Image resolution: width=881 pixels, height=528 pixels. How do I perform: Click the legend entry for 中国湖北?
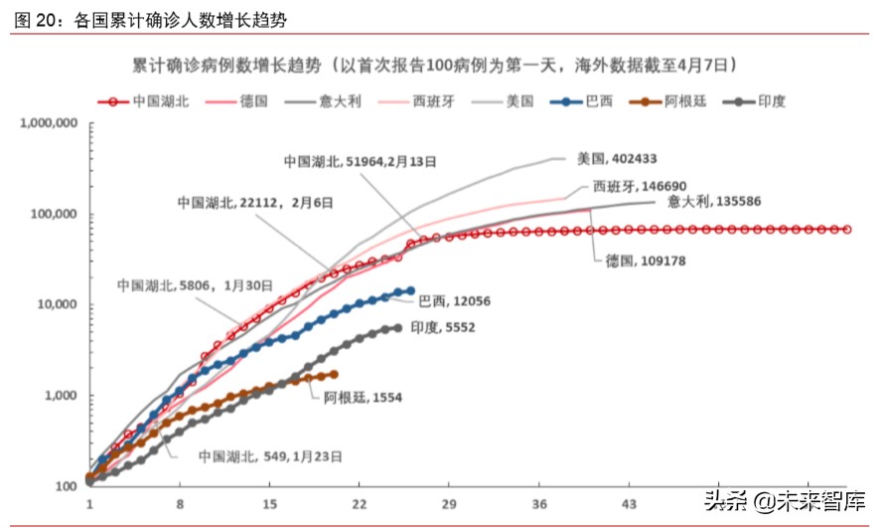click(150, 100)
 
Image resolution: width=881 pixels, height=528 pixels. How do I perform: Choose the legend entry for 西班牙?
click(431, 100)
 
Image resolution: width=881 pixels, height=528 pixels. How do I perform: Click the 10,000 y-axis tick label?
click(56, 305)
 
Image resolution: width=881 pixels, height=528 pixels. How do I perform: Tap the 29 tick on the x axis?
click(449, 504)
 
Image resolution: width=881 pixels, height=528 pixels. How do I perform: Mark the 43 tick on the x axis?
click(629, 504)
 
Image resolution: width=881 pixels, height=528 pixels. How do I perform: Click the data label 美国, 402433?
click(617, 158)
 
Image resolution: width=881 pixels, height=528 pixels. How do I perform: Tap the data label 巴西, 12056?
click(455, 300)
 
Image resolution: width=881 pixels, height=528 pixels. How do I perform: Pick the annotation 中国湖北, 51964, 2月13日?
click(360, 160)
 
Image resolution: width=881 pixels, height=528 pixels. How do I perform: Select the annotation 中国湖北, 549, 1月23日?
click(270, 456)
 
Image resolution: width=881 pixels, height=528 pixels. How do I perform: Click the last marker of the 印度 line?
click(398, 327)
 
